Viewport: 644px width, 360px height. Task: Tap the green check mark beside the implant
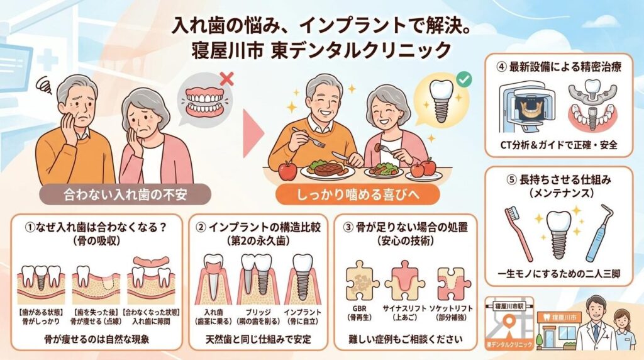tap(465, 79)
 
